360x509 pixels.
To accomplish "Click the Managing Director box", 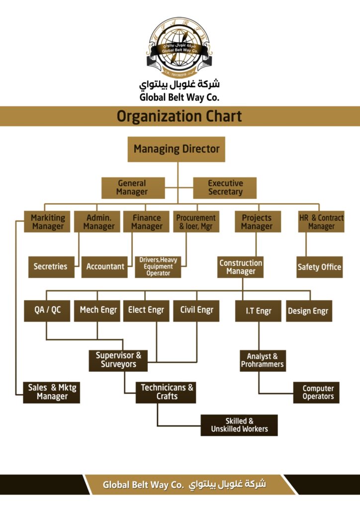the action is [176, 149].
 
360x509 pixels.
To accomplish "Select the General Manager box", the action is [133, 188].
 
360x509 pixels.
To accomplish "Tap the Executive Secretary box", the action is [225, 188].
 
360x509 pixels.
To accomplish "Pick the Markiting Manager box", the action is [47, 222].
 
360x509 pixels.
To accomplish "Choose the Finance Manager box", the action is [146, 222].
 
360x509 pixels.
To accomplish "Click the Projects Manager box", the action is [258, 222].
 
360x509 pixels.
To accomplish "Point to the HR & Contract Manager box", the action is [321, 222].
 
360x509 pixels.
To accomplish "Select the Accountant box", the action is [104, 267].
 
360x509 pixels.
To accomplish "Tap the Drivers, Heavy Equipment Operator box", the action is [158, 267].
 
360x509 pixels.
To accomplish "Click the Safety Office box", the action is [319, 267].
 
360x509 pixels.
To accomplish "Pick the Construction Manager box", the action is [240, 267].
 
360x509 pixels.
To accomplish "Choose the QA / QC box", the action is [47, 311].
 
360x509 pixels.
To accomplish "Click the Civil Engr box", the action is [196, 311].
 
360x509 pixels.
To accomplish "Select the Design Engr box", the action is [309, 311].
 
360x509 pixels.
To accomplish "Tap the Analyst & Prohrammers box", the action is [263, 361].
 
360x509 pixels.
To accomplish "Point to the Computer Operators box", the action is [316, 393].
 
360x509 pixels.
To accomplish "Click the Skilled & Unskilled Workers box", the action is [239, 425].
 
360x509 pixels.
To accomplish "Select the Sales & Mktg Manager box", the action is [52, 393].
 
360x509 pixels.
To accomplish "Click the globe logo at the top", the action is [180, 48].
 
